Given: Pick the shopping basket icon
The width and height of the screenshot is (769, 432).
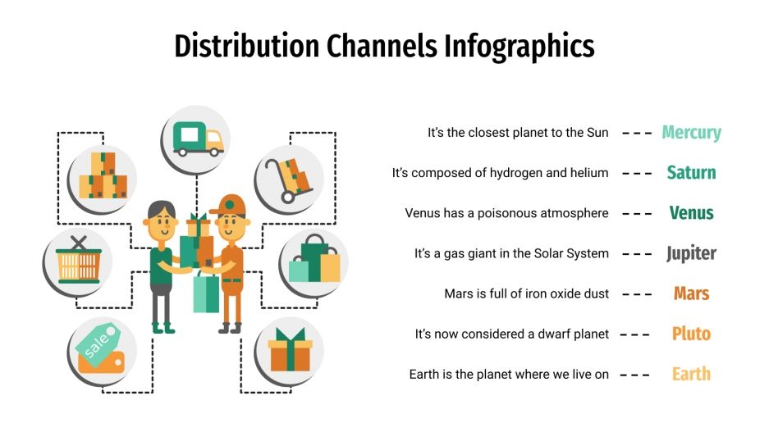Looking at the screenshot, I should click(x=78, y=260).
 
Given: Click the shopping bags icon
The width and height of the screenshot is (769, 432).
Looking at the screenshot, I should click(x=314, y=260).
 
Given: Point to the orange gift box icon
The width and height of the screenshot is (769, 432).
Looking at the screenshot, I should click(x=290, y=349).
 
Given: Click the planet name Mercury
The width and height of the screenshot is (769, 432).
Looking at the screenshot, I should click(x=691, y=133).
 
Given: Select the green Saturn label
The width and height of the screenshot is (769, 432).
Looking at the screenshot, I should click(x=691, y=173).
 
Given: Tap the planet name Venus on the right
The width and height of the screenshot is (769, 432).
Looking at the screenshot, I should click(x=691, y=213).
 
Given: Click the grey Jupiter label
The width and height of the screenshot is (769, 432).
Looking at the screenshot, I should click(x=691, y=253).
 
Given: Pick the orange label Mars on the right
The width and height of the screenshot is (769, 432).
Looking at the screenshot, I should click(x=691, y=293).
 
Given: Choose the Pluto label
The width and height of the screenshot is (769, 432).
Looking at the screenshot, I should click(x=691, y=334).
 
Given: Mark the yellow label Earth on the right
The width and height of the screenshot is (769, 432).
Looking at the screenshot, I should click(x=691, y=374).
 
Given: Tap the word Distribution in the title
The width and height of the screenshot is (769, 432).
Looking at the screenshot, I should click(x=247, y=47).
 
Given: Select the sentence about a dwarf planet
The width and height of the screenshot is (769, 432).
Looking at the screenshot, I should click(x=511, y=334).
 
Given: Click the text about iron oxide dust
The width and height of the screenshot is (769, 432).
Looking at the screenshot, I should click(x=526, y=293).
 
